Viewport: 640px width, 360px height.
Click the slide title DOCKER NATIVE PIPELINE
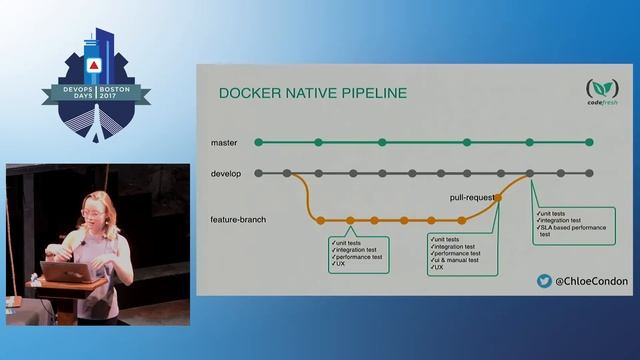coord(313,94)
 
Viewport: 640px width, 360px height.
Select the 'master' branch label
coord(224,143)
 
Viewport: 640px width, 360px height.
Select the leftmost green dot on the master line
coord(259,142)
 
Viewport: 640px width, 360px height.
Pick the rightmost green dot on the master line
coord(590,142)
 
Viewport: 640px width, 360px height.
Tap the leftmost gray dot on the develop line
coord(259,173)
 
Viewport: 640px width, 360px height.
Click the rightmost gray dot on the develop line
coord(590,173)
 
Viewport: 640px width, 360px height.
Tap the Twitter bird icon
coord(545,282)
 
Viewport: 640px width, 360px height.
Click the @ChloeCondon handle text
coord(591,282)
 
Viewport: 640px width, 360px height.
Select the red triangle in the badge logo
coord(93,65)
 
